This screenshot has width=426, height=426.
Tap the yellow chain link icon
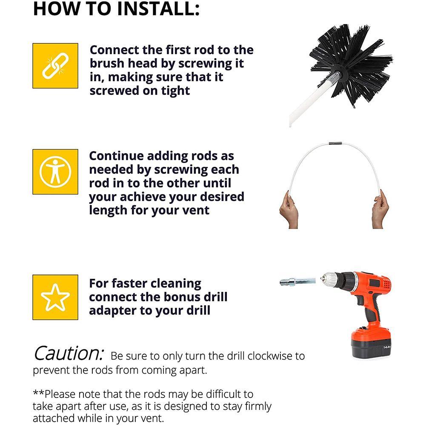(x=55, y=66)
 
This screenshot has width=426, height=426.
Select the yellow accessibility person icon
(x=55, y=172)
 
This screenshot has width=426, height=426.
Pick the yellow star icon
(x=55, y=297)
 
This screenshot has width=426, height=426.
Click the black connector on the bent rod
(x=335, y=143)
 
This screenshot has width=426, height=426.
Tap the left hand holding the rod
(x=289, y=211)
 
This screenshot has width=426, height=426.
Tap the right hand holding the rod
(x=380, y=209)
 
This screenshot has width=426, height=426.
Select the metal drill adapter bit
(x=297, y=281)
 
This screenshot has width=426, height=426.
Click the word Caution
(x=69, y=354)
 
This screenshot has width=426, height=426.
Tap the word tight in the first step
(x=175, y=91)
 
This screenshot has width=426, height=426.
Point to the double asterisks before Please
(x=39, y=392)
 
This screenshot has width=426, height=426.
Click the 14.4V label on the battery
(x=386, y=347)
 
